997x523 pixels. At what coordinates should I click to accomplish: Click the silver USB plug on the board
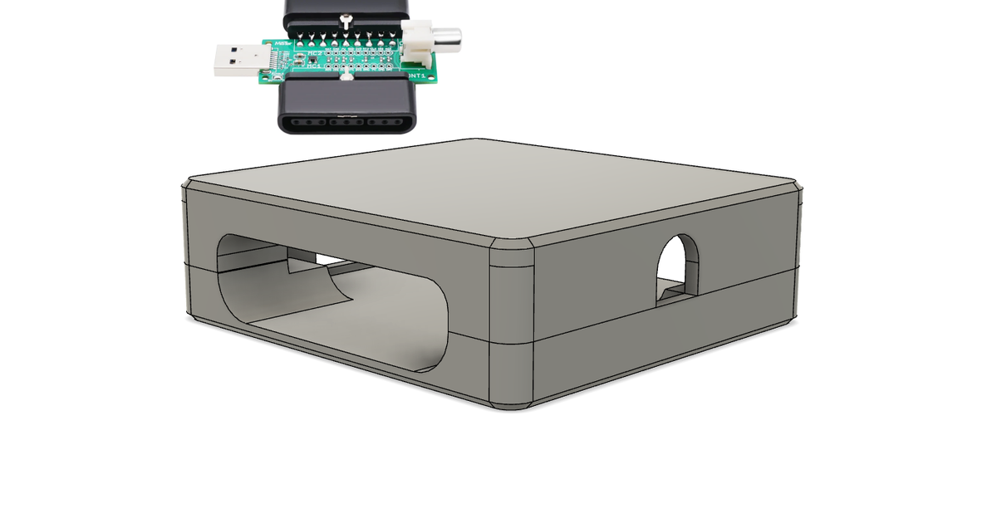pos(237,61)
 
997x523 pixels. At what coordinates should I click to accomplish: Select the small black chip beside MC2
pos(296,59)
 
